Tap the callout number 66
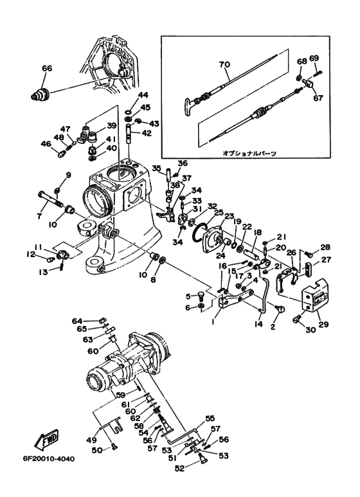[46, 68]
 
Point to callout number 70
[223, 65]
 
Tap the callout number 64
[76, 320]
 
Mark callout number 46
[46, 144]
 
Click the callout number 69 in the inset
[314, 59]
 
